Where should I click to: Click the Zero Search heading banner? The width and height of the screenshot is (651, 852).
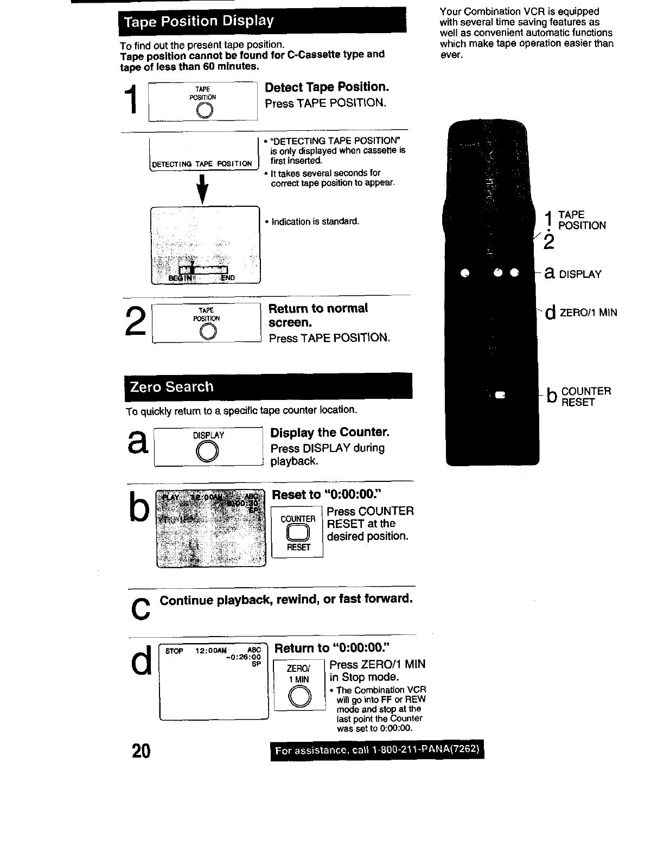tap(268, 387)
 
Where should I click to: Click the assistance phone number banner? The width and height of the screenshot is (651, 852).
tap(377, 751)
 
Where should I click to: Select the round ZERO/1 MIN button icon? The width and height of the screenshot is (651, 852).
tap(298, 696)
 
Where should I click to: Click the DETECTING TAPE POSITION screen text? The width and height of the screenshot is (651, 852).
tap(202, 164)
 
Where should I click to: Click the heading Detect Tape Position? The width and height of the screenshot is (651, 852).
tap(327, 87)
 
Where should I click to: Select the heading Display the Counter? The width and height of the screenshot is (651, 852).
tap(330, 433)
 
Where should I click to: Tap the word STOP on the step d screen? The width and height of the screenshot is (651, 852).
tap(174, 651)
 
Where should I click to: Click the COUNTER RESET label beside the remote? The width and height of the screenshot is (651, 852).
tap(586, 397)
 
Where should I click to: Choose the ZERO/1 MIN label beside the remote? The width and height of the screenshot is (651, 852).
tap(588, 313)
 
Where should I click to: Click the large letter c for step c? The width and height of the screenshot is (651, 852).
tap(139, 609)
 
